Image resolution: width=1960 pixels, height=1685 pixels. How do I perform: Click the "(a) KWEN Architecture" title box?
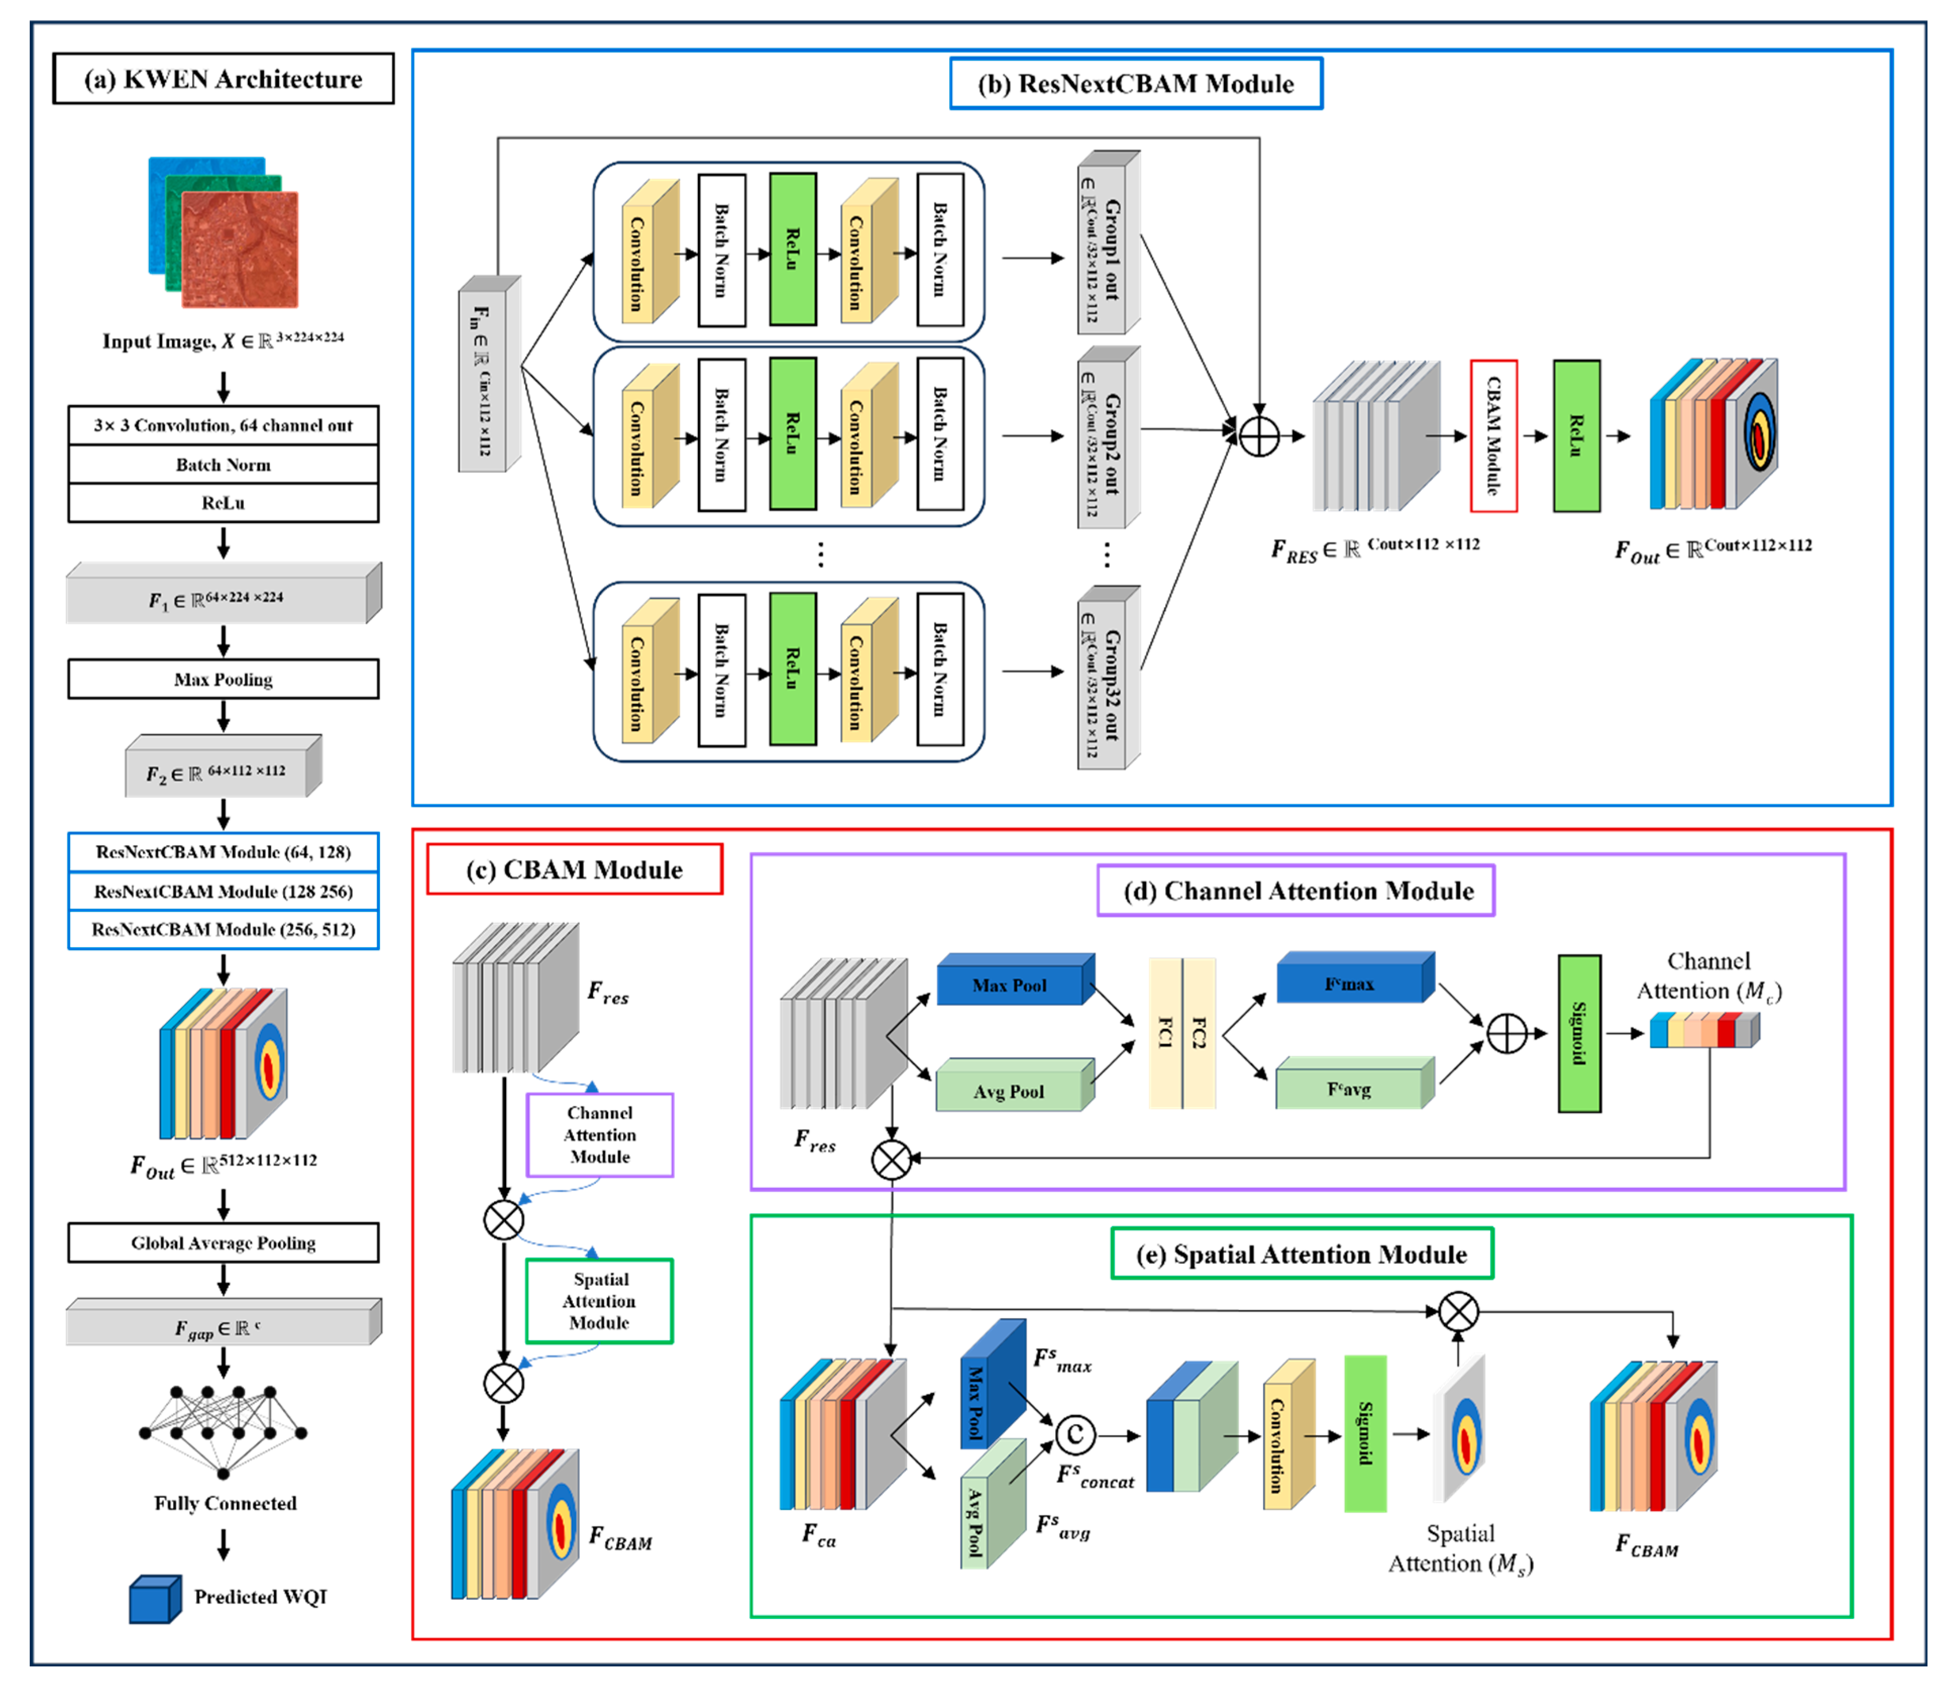[223, 79]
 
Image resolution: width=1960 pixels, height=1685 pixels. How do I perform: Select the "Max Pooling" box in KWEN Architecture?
[223, 679]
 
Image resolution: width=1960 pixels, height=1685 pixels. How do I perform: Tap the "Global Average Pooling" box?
[223, 1242]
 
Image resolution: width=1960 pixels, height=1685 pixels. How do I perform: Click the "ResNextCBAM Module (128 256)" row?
[223, 891]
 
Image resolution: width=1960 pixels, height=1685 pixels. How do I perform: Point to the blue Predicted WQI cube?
[155, 1599]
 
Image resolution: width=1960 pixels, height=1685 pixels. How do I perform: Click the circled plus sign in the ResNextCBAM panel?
[1259, 436]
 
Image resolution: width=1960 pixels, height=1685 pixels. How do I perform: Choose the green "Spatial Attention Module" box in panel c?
[600, 1301]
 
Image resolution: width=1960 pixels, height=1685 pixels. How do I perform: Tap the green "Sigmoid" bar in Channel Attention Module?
[1579, 1033]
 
